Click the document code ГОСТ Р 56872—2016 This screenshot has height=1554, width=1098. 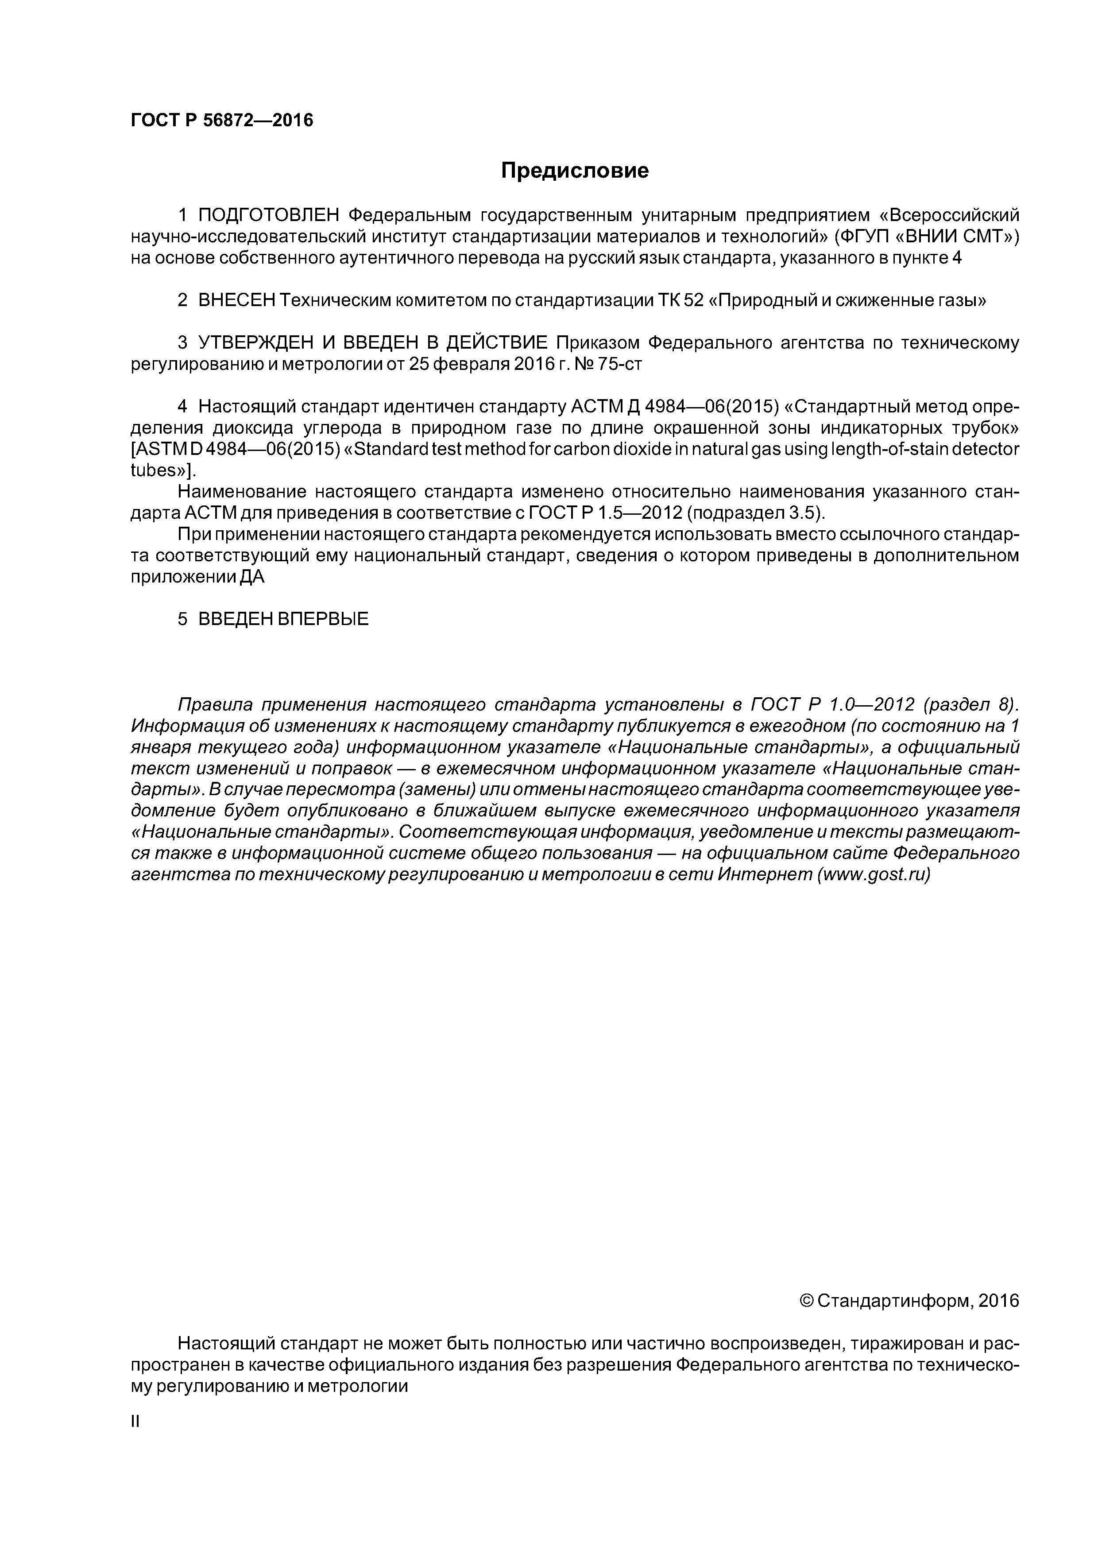point(221,120)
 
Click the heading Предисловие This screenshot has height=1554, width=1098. point(574,171)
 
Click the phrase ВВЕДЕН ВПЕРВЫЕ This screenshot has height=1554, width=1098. point(283,618)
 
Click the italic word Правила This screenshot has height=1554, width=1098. point(214,705)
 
